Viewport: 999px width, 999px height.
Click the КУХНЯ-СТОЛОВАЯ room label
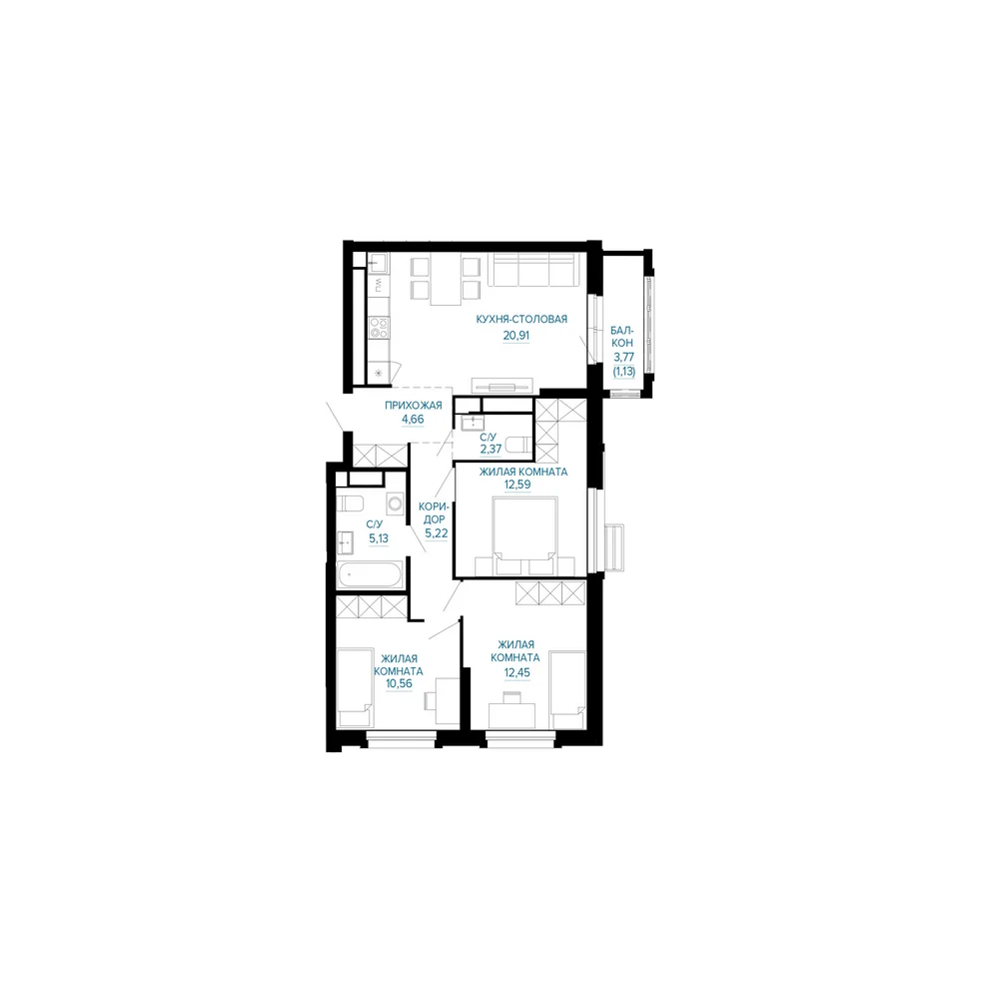[521, 320]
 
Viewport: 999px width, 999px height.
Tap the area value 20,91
[516, 335]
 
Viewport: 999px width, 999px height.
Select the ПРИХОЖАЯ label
[413, 406]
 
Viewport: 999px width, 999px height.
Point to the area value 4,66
[413, 420]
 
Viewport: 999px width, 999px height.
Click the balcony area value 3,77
[623, 357]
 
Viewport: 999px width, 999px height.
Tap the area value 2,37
[492, 449]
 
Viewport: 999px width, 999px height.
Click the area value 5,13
[379, 538]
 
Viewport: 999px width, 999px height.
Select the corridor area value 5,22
[437, 533]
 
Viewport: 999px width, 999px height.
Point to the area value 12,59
[517, 485]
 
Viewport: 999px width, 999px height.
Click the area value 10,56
[399, 683]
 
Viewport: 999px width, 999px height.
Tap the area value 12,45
[516, 672]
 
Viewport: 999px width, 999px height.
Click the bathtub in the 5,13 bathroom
[371, 575]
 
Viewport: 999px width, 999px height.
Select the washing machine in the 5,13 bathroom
[396, 503]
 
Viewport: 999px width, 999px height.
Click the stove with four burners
[380, 328]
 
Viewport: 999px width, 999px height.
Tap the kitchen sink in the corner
[379, 263]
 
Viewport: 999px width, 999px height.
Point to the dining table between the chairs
[446, 279]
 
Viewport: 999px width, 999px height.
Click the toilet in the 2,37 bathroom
[517, 445]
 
